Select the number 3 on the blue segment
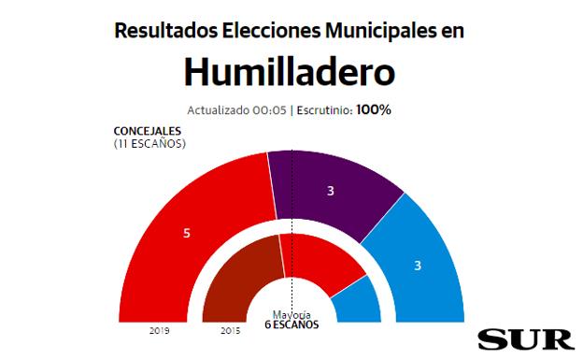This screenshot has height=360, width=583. point(418,266)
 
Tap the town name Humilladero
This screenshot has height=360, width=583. point(291,71)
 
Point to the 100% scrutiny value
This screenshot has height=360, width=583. point(374,109)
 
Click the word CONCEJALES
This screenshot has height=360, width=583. point(147,131)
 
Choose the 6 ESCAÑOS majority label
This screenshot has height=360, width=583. point(291,325)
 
